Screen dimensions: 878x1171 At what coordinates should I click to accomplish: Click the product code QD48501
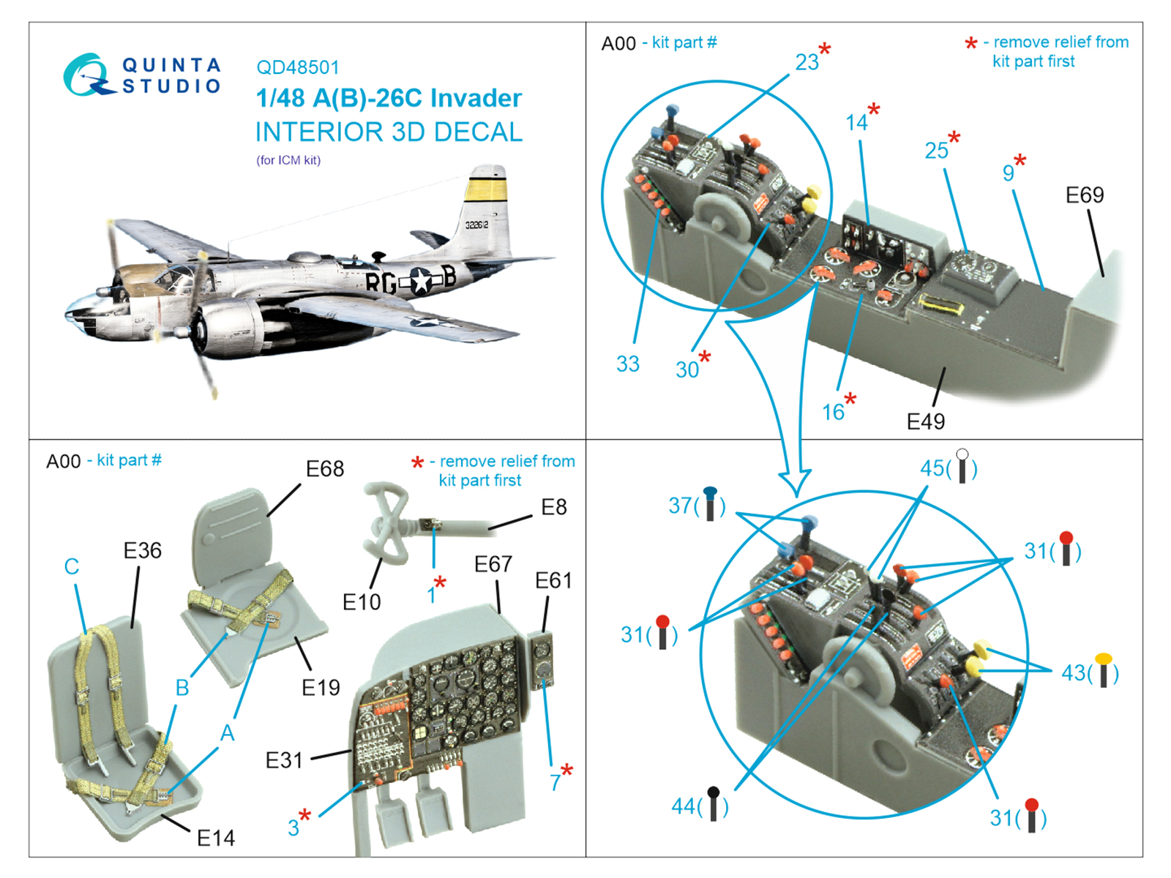tap(297, 67)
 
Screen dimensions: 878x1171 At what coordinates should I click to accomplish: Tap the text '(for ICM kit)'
tap(288, 160)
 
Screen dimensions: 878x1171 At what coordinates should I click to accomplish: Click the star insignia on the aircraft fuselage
tap(422, 281)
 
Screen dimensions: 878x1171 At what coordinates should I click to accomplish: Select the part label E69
tap(1084, 195)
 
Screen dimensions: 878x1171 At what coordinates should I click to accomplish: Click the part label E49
tap(925, 421)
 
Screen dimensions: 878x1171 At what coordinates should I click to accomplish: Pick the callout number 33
tap(627, 364)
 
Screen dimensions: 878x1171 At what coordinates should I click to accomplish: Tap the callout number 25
tap(936, 151)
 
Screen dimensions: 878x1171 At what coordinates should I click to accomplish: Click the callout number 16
tap(833, 413)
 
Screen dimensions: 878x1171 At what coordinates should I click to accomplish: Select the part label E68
tap(324, 468)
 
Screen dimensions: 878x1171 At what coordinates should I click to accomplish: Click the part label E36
tap(142, 550)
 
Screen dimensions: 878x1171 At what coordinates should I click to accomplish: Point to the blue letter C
tap(72, 566)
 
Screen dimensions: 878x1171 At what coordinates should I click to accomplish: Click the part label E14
tap(216, 838)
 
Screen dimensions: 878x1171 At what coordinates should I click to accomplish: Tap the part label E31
tap(283, 761)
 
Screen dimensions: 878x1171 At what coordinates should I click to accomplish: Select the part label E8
tap(553, 507)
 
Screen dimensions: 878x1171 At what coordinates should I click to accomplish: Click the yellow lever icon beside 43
tap(1103, 669)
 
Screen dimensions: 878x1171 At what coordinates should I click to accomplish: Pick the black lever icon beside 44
tap(714, 803)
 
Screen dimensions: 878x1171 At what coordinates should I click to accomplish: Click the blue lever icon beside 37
tap(710, 503)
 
